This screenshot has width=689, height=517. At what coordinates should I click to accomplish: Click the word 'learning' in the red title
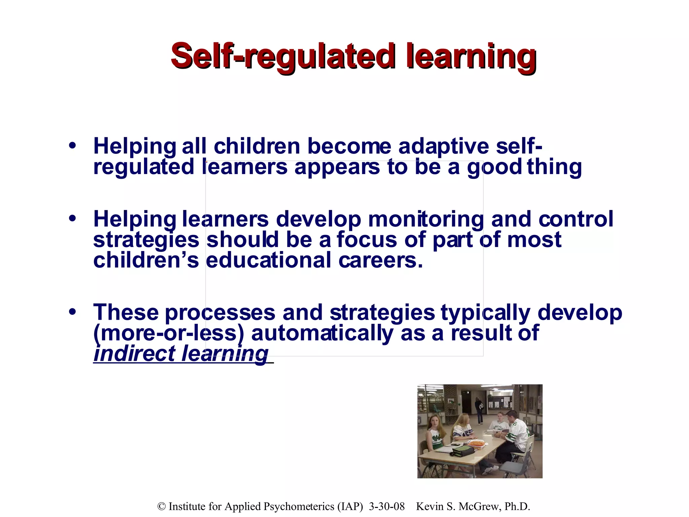(x=471, y=56)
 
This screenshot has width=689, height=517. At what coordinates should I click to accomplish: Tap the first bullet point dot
(x=72, y=146)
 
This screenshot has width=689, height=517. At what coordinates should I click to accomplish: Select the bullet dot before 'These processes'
(x=72, y=312)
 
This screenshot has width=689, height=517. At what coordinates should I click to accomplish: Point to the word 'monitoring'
(x=426, y=219)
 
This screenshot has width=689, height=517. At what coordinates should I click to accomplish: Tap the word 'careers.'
(x=380, y=261)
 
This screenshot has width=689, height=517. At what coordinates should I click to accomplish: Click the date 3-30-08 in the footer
(x=387, y=507)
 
